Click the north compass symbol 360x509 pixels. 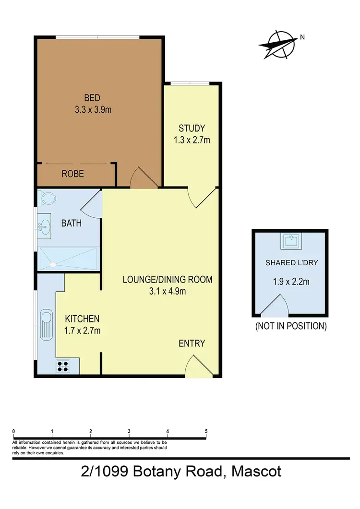click(x=279, y=44)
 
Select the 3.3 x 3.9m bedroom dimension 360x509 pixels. click(x=93, y=110)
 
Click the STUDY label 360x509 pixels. click(x=192, y=129)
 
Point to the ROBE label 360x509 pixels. click(x=72, y=174)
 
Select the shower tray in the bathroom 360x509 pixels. click(x=68, y=260)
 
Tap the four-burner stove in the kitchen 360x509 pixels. click(x=63, y=366)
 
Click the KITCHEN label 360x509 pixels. click(x=82, y=319)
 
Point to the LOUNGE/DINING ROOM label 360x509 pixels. click(x=167, y=280)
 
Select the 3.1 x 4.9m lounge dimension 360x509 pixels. click(x=167, y=291)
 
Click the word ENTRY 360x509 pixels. click(x=192, y=343)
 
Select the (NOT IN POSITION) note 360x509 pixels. click(x=290, y=326)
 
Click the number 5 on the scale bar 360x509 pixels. click(x=206, y=431)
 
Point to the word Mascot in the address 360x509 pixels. click(x=256, y=472)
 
